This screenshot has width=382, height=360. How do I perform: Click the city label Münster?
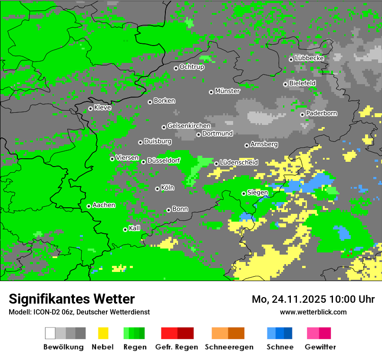[x=227, y=91]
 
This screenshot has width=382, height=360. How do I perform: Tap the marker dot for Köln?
[x=157, y=189]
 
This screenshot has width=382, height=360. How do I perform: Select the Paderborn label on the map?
[x=322, y=114]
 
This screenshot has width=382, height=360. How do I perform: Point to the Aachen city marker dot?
[x=89, y=206]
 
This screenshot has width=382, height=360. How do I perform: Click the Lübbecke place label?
[x=310, y=58]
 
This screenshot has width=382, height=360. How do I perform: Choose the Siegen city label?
[x=257, y=193]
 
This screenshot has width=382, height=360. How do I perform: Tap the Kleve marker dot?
[x=90, y=109]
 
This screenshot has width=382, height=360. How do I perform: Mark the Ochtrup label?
[x=192, y=67]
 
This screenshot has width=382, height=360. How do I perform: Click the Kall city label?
[x=135, y=228]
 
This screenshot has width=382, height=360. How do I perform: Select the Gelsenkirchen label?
[x=189, y=126]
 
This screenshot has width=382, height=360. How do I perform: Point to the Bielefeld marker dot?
[x=285, y=84]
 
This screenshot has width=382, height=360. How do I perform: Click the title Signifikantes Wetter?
[x=72, y=299]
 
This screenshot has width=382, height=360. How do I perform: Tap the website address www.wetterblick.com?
[x=313, y=312]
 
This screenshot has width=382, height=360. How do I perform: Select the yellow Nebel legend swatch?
[x=103, y=333]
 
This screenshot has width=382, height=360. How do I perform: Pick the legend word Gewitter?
[x=320, y=347]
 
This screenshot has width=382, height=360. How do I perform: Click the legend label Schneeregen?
[x=229, y=347]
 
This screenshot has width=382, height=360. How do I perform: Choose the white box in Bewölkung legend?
[x=50, y=333]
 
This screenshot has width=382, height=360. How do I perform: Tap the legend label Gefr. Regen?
[x=177, y=347]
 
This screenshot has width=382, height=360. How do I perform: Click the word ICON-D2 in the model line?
[x=43, y=312]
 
